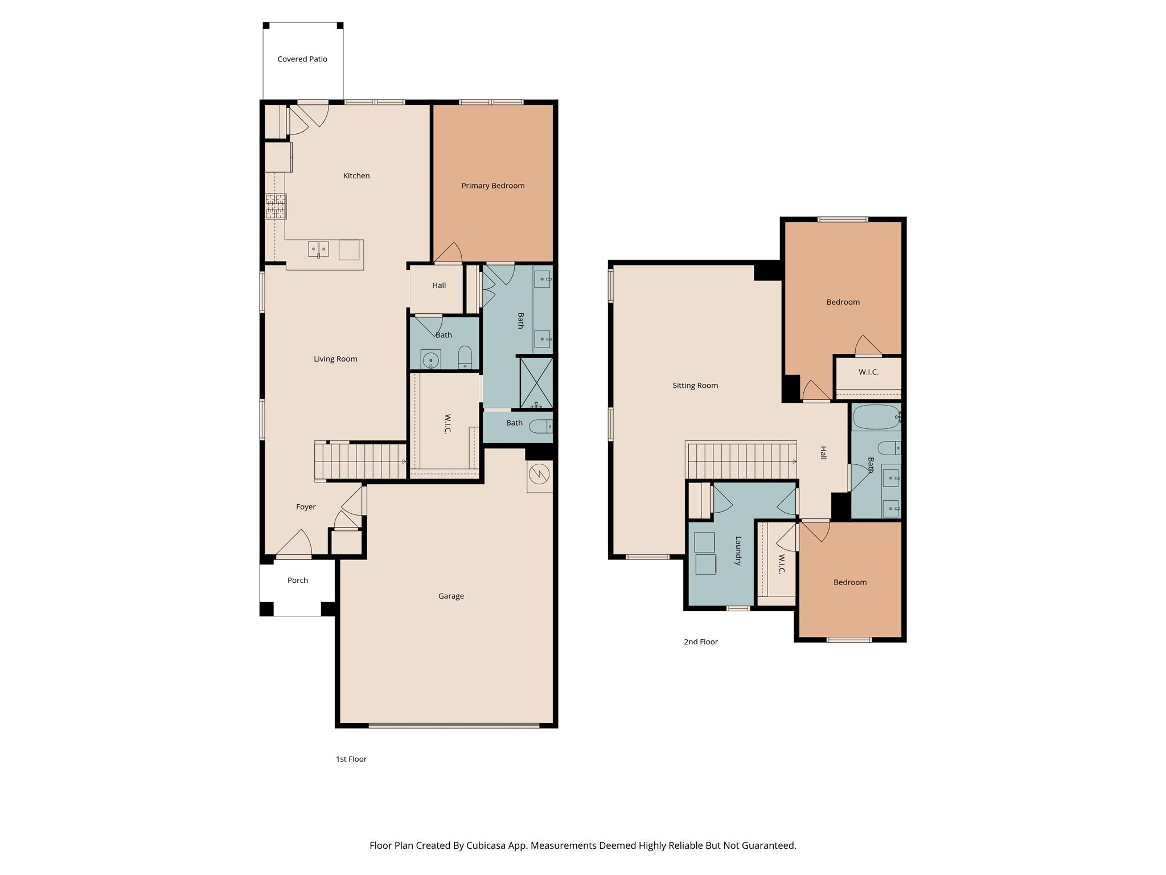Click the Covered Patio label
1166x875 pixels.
(x=302, y=59)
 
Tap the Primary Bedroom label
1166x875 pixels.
(x=492, y=186)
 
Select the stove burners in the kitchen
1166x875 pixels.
(x=276, y=206)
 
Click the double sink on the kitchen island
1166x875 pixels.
(x=318, y=250)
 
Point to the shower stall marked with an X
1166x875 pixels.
(x=536, y=382)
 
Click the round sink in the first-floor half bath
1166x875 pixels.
(x=431, y=360)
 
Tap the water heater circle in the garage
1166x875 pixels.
(x=539, y=473)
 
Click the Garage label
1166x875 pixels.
(x=451, y=596)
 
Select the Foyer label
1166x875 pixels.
(x=306, y=507)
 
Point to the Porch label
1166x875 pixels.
(x=297, y=580)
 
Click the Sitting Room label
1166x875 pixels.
(x=695, y=386)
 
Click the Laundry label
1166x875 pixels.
(x=738, y=550)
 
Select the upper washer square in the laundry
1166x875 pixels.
(x=704, y=542)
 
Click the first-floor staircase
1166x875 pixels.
(x=360, y=461)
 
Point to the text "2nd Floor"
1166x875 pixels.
(x=700, y=642)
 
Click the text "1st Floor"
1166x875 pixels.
(x=351, y=759)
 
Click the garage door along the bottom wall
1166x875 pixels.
(x=454, y=726)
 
